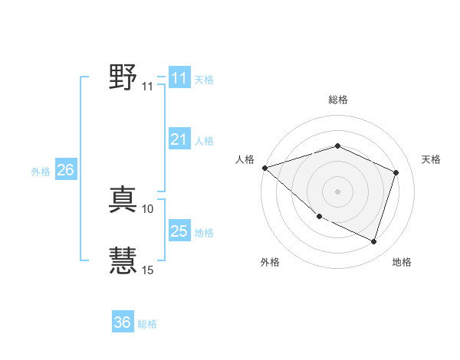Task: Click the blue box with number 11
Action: pyautogui.click(x=179, y=78)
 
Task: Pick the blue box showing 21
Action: pyautogui.click(x=179, y=139)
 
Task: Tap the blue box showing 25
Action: pyautogui.click(x=179, y=231)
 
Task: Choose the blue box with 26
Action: pyautogui.click(x=65, y=170)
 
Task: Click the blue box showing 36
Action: pyautogui.click(x=123, y=322)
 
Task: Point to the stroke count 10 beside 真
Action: pyautogui.click(x=147, y=208)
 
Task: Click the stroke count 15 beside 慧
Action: pyautogui.click(x=147, y=270)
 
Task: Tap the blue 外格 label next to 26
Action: pyautogui.click(x=41, y=172)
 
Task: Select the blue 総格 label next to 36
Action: pyautogui.click(x=147, y=324)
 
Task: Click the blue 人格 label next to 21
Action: pyautogui.click(x=204, y=141)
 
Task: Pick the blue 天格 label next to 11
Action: pyautogui.click(x=204, y=80)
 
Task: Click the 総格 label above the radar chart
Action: pyautogui.click(x=338, y=100)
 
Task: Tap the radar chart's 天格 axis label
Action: pyautogui.click(x=431, y=159)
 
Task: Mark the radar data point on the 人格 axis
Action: pyautogui.click(x=264, y=167)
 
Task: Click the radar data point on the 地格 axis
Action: pyautogui.click(x=373, y=241)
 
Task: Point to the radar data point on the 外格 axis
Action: pyautogui.click(x=319, y=217)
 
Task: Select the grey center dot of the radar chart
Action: pyautogui.click(x=337, y=191)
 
